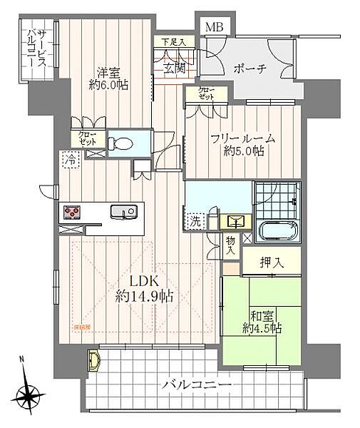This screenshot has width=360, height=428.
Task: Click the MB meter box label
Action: pos(213,27)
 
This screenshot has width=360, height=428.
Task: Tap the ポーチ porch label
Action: pos(249,69)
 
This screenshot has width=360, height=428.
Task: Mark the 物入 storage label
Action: pos(231,247)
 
